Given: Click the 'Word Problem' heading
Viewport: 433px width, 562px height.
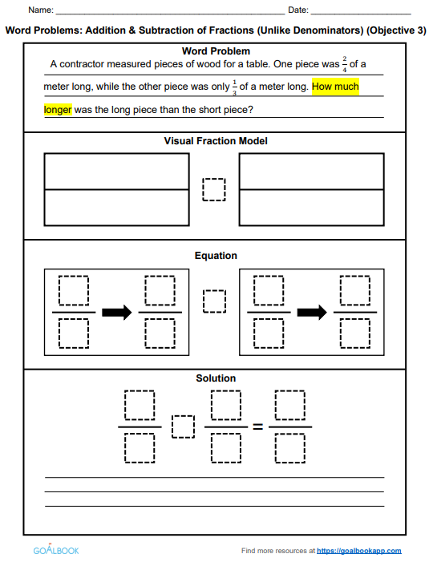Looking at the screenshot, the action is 216,51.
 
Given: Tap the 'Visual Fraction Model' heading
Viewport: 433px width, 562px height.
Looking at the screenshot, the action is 216,141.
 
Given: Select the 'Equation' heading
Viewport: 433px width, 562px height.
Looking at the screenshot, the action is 216,256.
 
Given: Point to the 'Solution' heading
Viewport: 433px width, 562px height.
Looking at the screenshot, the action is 216,378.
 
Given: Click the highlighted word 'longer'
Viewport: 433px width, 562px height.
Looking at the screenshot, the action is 58,109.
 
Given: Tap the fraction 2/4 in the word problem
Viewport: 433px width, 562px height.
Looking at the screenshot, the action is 345,64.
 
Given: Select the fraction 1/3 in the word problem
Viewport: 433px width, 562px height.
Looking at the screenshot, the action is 234,87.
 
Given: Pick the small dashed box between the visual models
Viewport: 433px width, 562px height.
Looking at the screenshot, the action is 214,189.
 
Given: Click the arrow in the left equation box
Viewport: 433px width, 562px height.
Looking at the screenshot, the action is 117,312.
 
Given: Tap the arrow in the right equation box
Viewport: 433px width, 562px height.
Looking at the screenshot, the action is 312,312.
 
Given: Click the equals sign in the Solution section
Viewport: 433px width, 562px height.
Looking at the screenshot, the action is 258,427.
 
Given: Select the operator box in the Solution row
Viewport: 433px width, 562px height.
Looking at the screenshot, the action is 183,427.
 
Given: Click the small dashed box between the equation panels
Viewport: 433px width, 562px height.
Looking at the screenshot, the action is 214,301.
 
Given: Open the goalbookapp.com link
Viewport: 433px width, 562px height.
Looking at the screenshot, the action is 358,551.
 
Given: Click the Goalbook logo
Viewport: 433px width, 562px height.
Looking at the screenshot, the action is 56,549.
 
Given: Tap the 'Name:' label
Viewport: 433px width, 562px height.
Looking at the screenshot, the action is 41,10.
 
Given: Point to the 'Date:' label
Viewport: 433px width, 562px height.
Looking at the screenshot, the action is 298,10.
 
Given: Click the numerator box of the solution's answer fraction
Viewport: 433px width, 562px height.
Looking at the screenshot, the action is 290,405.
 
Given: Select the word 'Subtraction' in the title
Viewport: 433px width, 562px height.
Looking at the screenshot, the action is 168,30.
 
